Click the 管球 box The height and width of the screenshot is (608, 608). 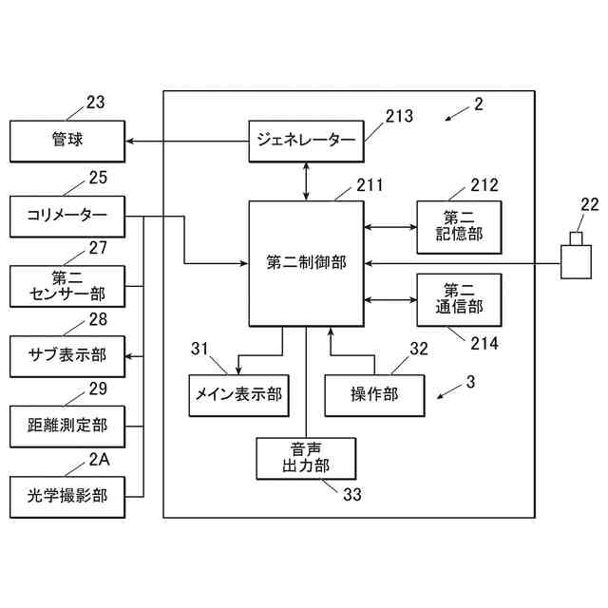coord(67,142)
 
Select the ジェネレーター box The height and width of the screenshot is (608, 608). coord(306,142)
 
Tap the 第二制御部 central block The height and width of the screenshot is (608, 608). coord(306,264)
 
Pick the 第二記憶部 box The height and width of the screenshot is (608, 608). coord(459,227)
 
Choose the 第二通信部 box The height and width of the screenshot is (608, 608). coord(459,300)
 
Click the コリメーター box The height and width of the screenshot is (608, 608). coord(67,217)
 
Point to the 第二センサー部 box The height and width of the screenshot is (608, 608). coord(67,287)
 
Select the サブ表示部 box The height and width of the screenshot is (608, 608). coord(67,357)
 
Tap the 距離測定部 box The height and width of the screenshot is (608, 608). coord(67,427)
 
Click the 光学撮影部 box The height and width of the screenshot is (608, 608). coord(67,497)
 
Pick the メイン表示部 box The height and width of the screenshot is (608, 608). coord(238,395)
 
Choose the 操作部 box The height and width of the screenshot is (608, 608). coord(374,395)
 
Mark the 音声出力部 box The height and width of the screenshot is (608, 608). coord(306,459)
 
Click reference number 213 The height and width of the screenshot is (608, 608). coord(399,116)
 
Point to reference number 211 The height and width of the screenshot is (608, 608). coord(370,185)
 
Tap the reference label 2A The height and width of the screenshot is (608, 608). coord(99,460)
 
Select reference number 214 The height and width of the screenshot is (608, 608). coord(484,344)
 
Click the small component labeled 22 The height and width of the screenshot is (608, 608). coord(576,256)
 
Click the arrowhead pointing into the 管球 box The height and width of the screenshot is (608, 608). coord(130,142)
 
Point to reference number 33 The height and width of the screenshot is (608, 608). coord(352,494)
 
